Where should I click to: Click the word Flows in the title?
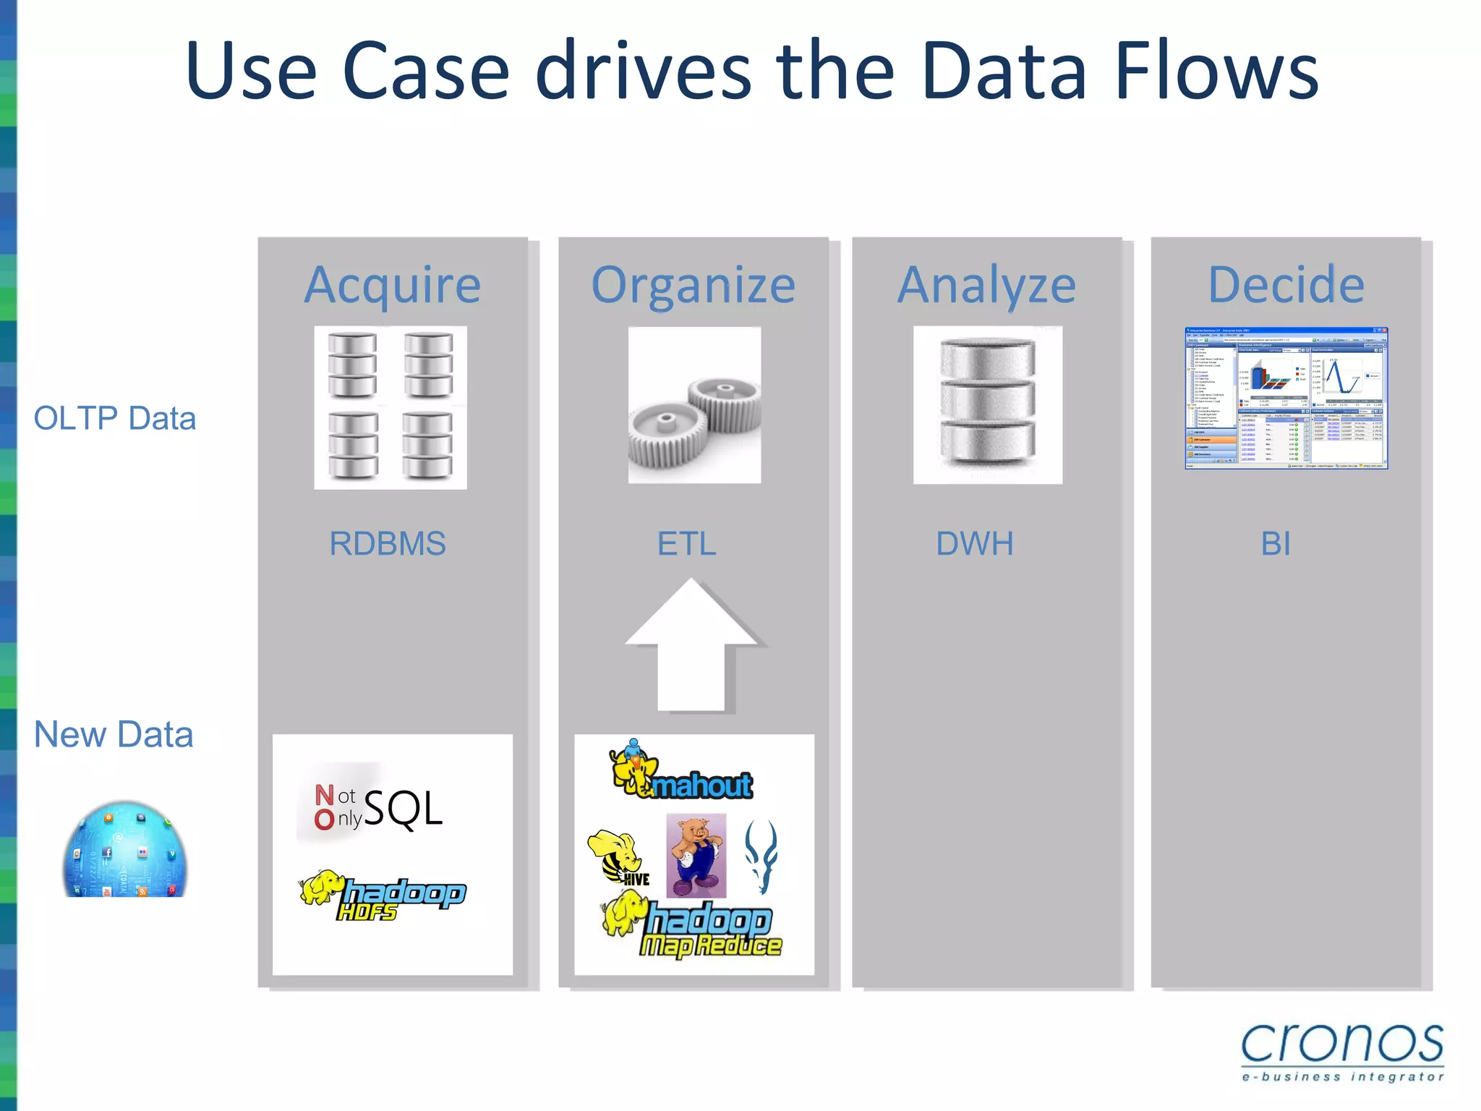tap(1216, 70)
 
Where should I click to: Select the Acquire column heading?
tap(393, 285)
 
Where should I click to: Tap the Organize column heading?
tap(693, 285)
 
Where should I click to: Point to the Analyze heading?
tap(986, 285)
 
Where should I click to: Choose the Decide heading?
tap(1286, 285)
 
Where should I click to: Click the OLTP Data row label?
tap(115, 419)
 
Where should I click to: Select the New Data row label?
tap(114, 735)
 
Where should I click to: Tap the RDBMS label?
tap(388, 544)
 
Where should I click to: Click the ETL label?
tap(686, 544)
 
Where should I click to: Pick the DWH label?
tap(974, 544)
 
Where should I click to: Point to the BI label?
tap(1275, 544)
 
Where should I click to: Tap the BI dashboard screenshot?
tap(1286, 398)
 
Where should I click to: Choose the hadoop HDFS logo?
tap(383, 895)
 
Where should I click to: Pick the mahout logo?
tap(681, 774)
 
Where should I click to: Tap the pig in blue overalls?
tap(696, 855)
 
